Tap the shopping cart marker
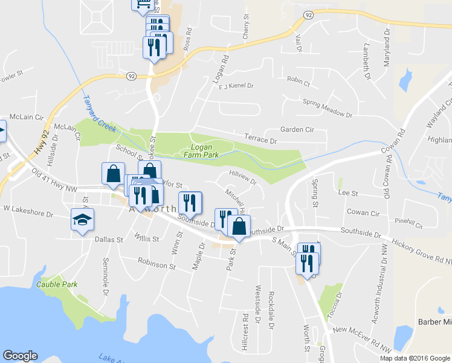141,3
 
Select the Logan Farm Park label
204,151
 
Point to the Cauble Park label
57,284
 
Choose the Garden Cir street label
297,129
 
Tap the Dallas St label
109,240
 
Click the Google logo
20,356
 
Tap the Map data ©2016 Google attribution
415,358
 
